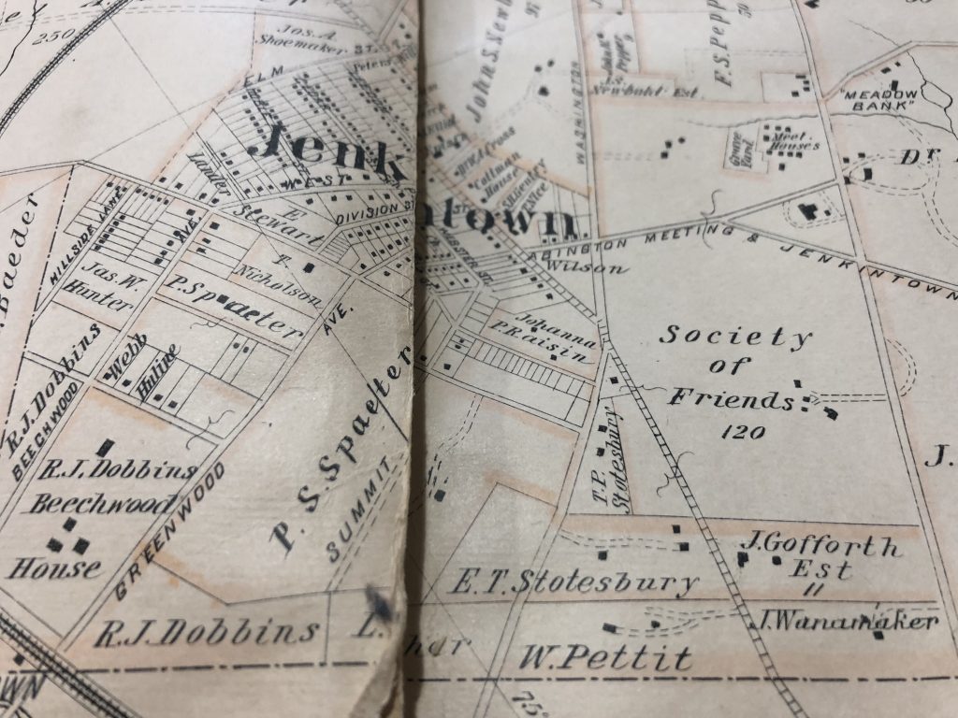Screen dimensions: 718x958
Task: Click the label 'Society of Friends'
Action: coord(735,366)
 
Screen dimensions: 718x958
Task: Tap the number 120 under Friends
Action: coord(744,432)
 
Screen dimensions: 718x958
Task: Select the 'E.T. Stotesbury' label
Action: coord(573,582)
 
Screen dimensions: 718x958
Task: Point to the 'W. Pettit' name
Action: coord(607,657)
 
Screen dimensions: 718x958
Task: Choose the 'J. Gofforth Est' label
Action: coord(820,555)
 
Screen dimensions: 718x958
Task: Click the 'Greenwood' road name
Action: coord(172,530)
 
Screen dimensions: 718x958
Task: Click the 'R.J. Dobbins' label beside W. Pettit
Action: coord(208,633)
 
